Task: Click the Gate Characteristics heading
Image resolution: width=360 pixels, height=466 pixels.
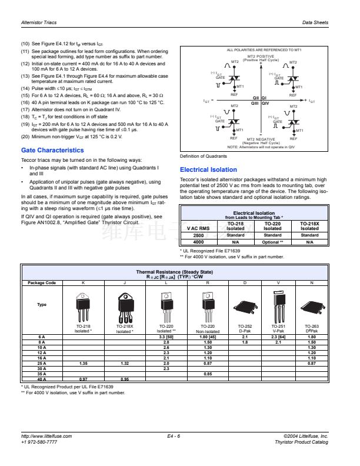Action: click(x=52, y=150)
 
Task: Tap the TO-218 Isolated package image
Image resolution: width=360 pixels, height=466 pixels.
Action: click(x=83, y=307)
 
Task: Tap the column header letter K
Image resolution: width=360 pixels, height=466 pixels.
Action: click(x=83, y=283)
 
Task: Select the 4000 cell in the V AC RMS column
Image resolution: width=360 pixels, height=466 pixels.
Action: click(x=198, y=242)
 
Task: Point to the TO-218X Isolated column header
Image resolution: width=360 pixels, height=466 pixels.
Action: click(x=310, y=226)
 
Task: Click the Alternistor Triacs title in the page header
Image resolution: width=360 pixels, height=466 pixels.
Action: click(x=39, y=22)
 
